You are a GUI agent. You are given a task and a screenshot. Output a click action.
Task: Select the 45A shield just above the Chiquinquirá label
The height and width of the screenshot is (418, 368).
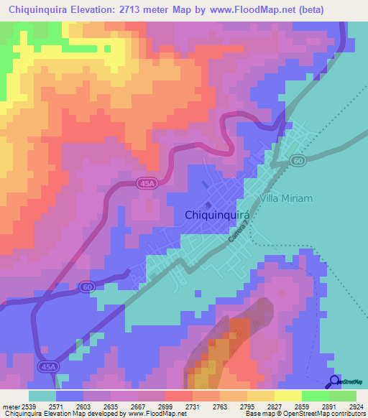[x=147, y=184]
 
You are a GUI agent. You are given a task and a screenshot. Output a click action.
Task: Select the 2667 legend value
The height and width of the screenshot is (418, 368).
[x=128, y=407]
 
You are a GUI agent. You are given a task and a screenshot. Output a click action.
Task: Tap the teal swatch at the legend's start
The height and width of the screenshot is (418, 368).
[x=42, y=396]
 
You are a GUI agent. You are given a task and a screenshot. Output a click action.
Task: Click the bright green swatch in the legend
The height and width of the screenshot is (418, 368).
[x=315, y=396]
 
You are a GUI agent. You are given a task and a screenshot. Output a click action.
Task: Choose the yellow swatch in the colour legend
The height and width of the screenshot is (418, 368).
[x=287, y=396]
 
